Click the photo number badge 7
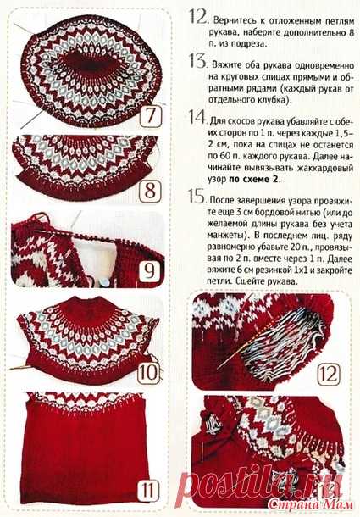coord(150,115)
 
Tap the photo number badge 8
coord(150,191)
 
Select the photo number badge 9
coord(149,271)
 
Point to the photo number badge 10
coord(148,372)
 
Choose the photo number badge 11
coord(147,490)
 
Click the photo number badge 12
coord(329,374)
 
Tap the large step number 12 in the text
coord(198,16)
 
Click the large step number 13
coord(198,61)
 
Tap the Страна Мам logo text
coord(311,504)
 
